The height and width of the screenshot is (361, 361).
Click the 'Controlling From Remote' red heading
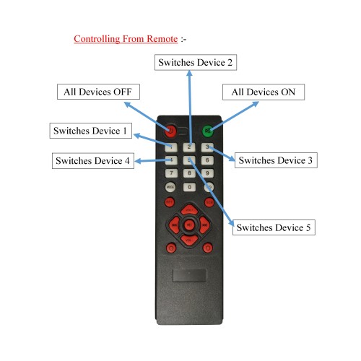[126, 39]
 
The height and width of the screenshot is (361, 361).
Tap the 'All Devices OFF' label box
[98, 92]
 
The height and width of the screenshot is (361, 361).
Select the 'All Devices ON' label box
[264, 92]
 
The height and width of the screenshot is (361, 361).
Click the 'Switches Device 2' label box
[196, 62]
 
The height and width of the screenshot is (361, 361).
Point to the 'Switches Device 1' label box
[91, 131]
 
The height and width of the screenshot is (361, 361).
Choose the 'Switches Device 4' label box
[93, 160]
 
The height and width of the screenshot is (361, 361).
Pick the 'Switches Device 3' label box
[276, 160]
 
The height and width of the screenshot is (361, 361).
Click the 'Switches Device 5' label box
[274, 227]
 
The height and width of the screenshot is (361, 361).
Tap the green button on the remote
[208, 131]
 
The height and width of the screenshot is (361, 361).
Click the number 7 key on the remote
[171, 173]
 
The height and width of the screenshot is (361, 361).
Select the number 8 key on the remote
[189, 173]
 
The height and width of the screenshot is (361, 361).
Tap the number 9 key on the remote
[207, 173]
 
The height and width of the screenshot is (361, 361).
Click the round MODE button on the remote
[170, 187]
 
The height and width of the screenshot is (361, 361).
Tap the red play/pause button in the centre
[189, 225]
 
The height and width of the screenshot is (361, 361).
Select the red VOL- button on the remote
[189, 240]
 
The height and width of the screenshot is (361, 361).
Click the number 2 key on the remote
[189, 147]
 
